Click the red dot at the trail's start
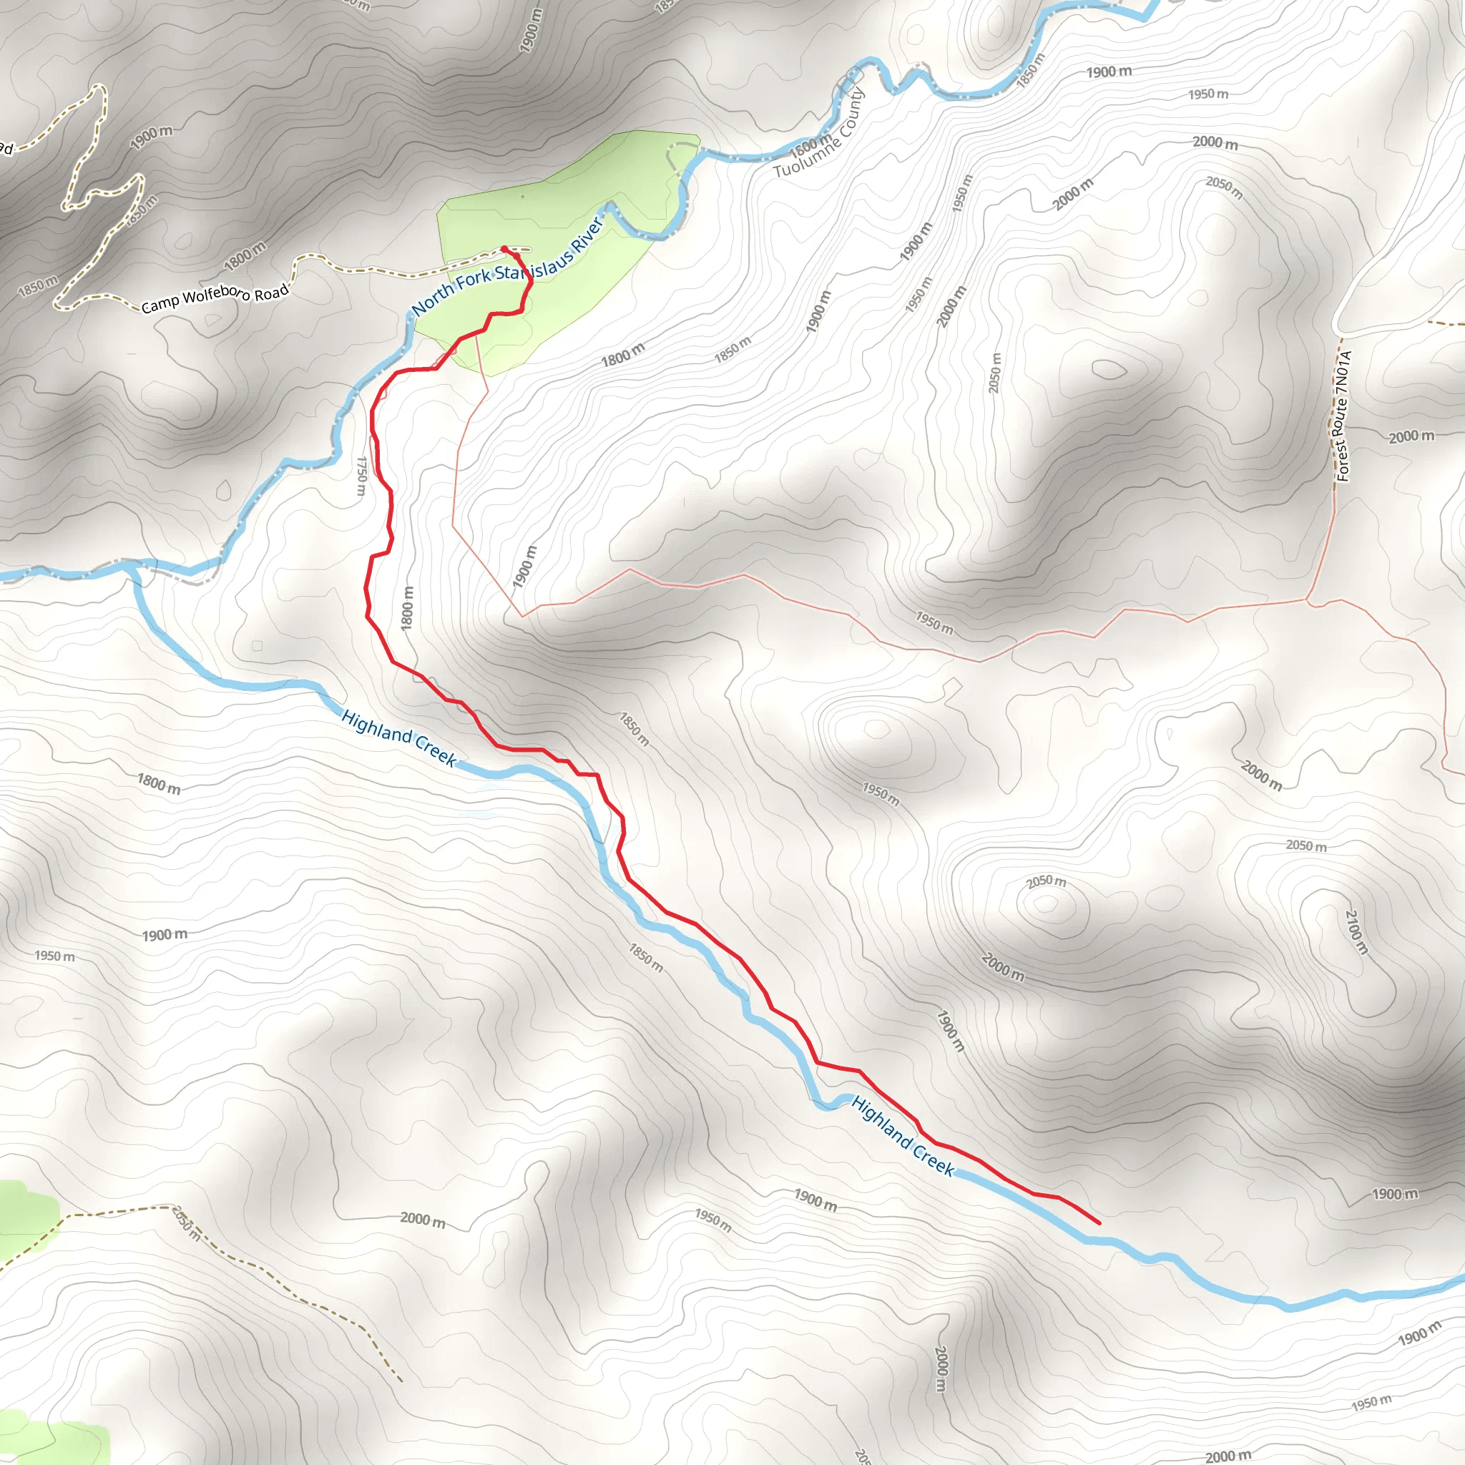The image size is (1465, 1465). tap(504, 249)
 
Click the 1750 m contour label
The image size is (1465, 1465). tap(362, 476)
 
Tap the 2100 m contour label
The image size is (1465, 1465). tap(1356, 931)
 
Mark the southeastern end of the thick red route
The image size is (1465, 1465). tap(1099, 1223)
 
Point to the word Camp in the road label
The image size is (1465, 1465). tap(160, 305)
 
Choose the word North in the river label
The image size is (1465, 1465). tap(432, 301)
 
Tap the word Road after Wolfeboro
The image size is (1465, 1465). tap(271, 291)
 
